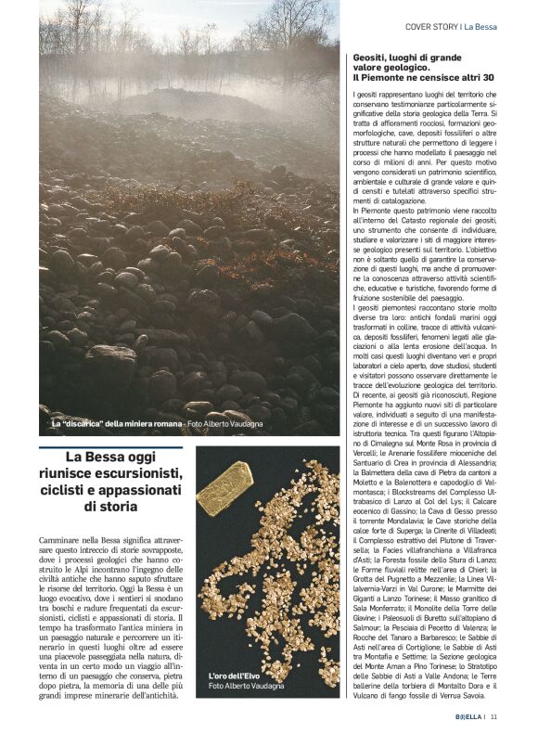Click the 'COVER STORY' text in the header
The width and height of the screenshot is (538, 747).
431,26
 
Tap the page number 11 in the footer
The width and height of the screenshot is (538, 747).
494,715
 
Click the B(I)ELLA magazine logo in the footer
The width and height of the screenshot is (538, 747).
468,715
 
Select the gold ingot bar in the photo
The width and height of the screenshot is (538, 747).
224,487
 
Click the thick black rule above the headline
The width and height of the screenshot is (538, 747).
111,444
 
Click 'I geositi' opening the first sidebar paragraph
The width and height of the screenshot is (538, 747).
367,95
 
